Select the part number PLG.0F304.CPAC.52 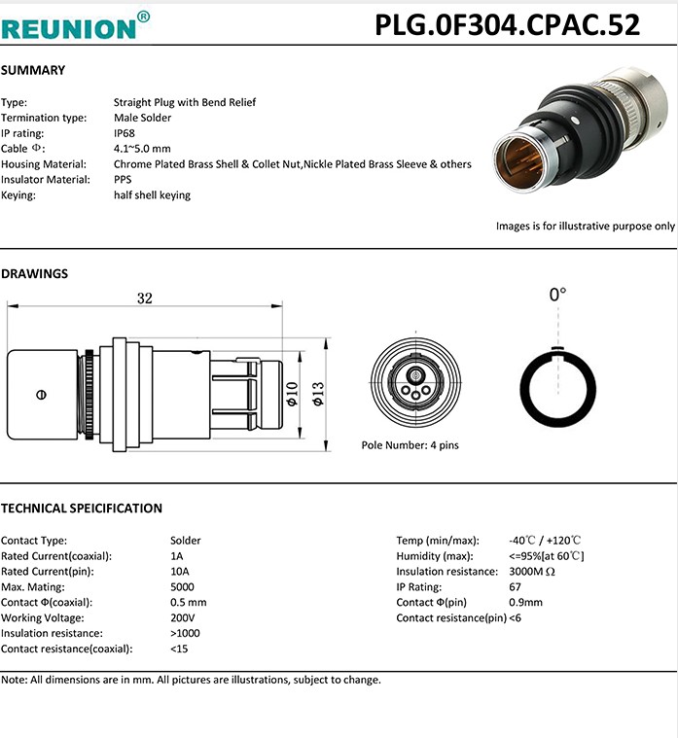point(508,25)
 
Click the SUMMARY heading point(33,70)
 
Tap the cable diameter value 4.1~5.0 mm point(142,149)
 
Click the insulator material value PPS point(123,180)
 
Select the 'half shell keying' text point(152,195)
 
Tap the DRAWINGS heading point(35,273)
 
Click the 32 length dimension point(144,299)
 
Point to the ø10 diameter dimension point(291,393)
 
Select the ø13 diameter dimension point(316,393)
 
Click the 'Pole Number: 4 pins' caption point(410,444)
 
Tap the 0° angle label point(557,294)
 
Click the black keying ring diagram point(557,386)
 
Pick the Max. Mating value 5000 point(182,586)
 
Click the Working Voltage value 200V point(183,617)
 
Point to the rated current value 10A point(179,571)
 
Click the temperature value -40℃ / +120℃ point(545,540)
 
